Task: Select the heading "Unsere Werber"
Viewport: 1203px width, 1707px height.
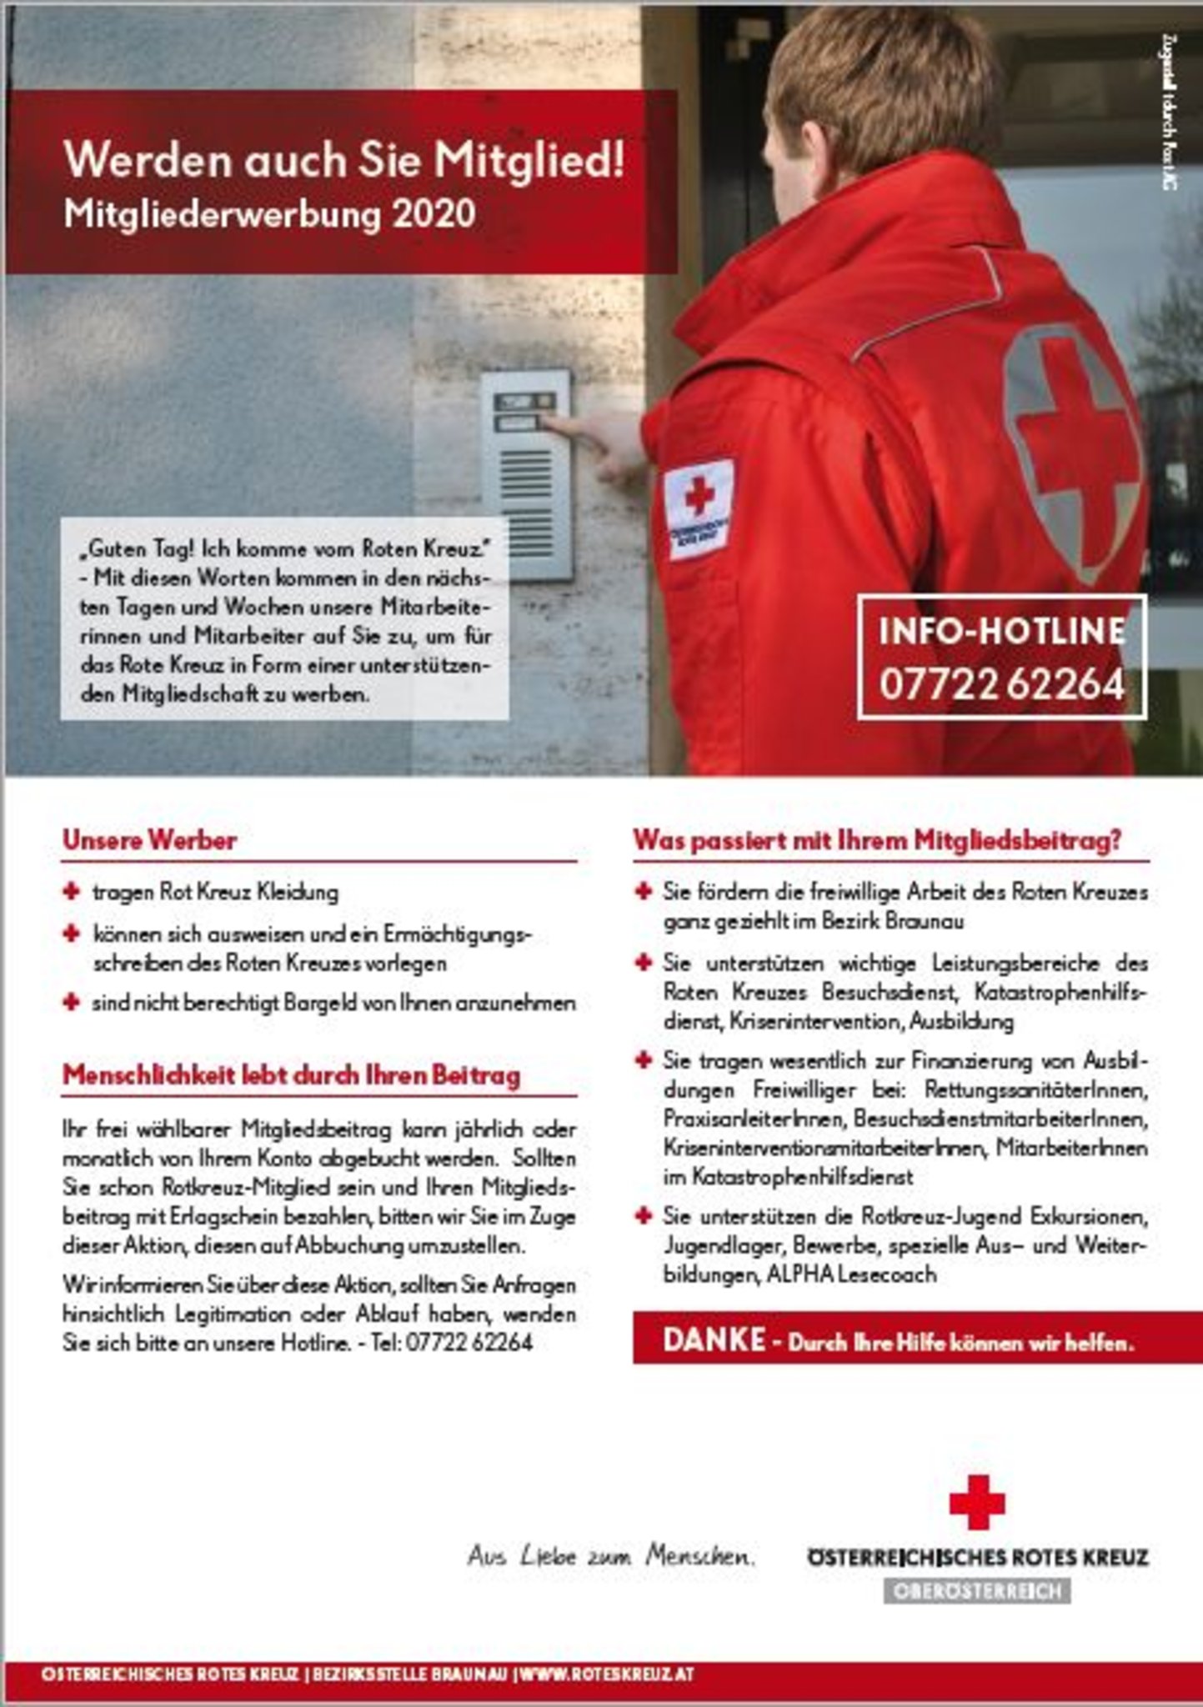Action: tap(150, 839)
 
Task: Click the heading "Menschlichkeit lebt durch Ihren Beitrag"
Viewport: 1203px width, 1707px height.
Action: tap(292, 1075)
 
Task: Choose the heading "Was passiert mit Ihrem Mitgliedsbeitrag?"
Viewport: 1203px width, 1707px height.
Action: tap(877, 840)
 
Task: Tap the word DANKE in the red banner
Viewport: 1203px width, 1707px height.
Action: tap(714, 1340)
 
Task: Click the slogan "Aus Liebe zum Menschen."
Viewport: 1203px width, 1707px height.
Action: tap(611, 1556)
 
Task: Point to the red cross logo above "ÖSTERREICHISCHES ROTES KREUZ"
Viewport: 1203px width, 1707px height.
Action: tap(976, 1503)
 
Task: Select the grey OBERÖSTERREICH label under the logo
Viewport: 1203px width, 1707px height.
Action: tap(977, 1591)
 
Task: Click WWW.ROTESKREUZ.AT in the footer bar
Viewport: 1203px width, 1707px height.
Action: tap(607, 1674)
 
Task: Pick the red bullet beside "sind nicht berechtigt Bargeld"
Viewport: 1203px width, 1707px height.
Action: tap(71, 1002)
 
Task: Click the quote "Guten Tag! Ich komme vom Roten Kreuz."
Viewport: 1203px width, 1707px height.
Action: tap(283, 548)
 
